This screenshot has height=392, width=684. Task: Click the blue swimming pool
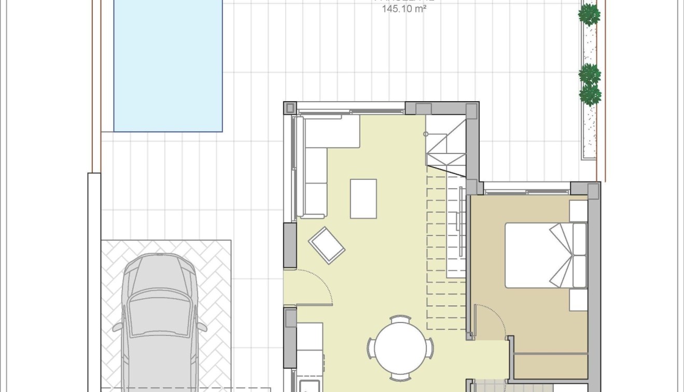[167, 65]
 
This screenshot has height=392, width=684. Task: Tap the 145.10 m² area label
[404, 9]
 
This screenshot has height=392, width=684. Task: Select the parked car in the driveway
[160, 321]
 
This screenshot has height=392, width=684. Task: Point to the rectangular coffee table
[363, 199]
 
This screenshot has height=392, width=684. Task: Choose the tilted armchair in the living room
[326, 245]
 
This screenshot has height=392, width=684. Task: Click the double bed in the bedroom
[546, 255]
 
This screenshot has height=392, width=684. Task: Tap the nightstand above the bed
[578, 211]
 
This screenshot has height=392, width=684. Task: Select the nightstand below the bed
[578, 300]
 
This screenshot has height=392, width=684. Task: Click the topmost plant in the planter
[589, 15]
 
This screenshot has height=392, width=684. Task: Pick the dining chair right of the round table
[429, 347]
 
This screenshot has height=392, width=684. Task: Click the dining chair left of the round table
[371, 347]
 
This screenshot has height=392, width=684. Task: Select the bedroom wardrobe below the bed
[551, 366]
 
